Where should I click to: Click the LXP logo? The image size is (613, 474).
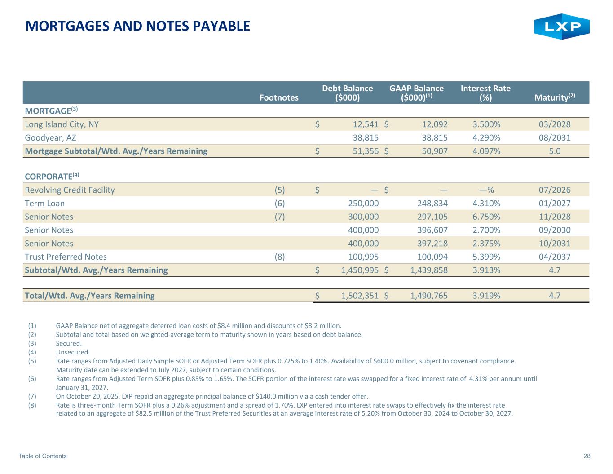561,27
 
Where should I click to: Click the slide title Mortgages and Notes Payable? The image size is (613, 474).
138,26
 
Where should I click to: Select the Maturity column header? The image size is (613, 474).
555,97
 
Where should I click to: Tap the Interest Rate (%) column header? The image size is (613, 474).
485,93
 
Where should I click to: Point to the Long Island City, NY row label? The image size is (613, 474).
62,124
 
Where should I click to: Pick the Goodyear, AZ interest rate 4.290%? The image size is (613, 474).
486,137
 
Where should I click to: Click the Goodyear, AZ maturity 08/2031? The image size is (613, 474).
555,137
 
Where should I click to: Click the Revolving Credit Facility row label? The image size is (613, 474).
70,190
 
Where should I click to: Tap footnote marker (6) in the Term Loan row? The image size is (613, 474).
279,204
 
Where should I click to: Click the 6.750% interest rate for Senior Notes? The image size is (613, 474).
486,217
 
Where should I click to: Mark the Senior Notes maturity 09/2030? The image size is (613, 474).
555,230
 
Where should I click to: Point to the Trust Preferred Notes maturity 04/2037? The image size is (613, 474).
555,257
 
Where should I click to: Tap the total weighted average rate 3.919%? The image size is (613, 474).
486,296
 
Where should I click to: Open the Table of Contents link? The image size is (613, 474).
43,456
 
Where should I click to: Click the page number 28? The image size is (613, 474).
587,456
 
